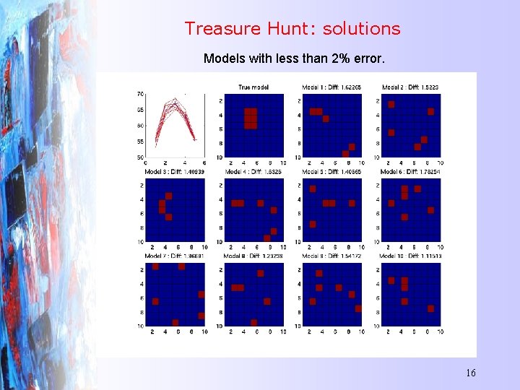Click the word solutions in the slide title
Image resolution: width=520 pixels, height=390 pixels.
[x=361, y=29]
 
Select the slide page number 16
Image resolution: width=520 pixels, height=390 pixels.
[x=470, y=373]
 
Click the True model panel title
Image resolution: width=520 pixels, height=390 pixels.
[x=253, y=87]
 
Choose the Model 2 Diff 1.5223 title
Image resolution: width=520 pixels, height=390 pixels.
[x=409, y=87]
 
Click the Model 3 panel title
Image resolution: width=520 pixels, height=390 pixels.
[x=174, y=172]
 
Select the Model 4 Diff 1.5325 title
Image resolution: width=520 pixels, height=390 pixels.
[x=253, y=172]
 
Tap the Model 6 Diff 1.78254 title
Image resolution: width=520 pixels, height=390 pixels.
[x=409, y=172]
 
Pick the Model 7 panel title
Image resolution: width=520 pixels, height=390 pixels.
[x=174, y=256]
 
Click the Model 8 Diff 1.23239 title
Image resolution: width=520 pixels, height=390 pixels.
[x=253, y=256]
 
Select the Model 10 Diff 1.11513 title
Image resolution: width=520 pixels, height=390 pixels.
[x=409, y=256]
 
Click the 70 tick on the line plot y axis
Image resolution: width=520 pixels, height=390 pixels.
[x=141, y=94]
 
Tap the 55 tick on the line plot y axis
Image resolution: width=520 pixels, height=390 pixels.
[x=141, y=142]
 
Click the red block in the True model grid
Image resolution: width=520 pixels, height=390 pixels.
[x=250, y=118]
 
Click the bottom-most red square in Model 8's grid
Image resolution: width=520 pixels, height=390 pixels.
[x=253, y=322]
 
